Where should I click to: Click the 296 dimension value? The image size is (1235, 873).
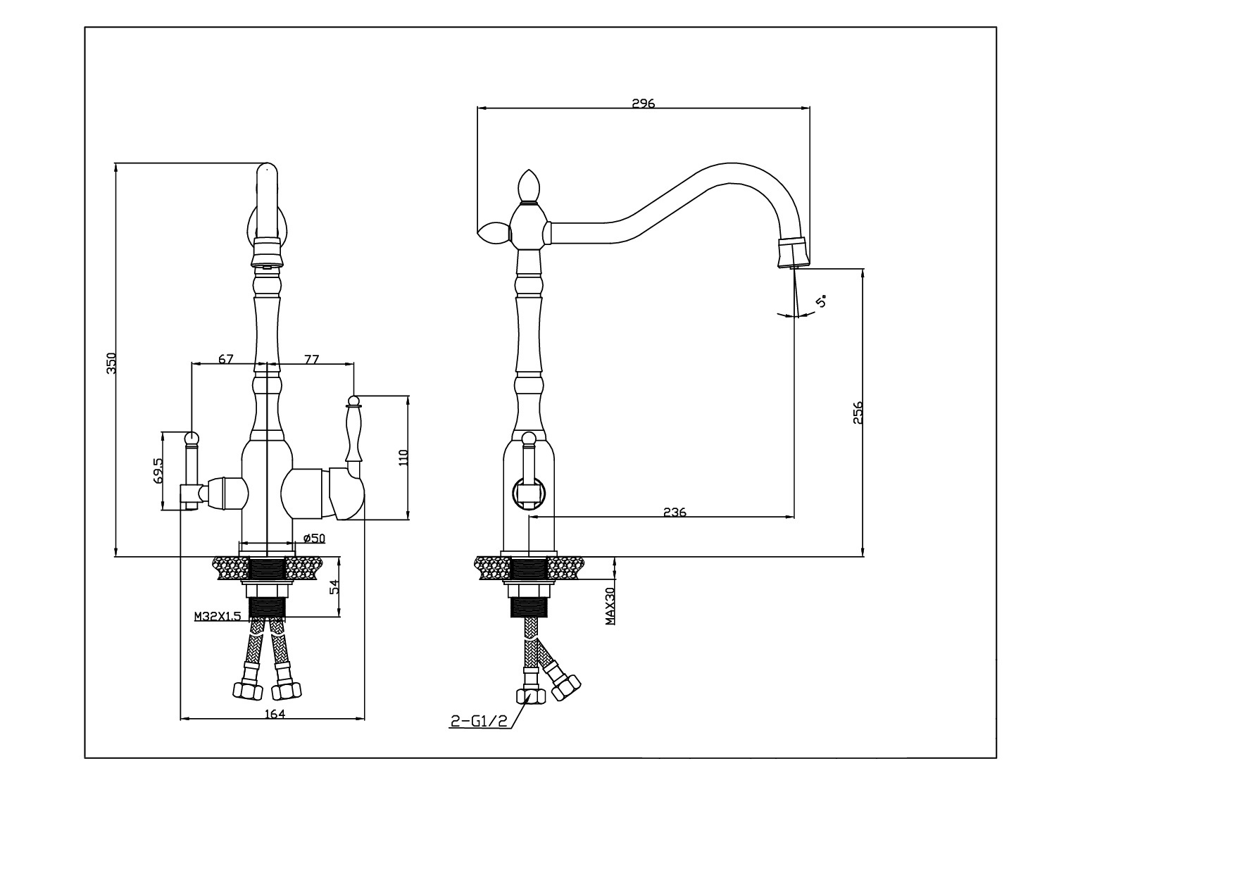click(643, 103)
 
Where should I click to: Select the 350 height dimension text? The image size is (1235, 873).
click(111, 363)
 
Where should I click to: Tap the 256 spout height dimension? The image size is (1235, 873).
click(858, 413)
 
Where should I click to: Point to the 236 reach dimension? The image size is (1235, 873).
click(675, 512)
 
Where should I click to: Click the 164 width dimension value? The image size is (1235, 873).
click(274, 714)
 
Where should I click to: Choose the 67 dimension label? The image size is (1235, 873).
click(225, 359)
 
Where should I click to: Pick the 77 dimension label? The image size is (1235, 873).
click(311, 359)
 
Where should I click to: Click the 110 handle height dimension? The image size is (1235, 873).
click(403, 458)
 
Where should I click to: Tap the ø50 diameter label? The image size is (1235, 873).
click(314, 538)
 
